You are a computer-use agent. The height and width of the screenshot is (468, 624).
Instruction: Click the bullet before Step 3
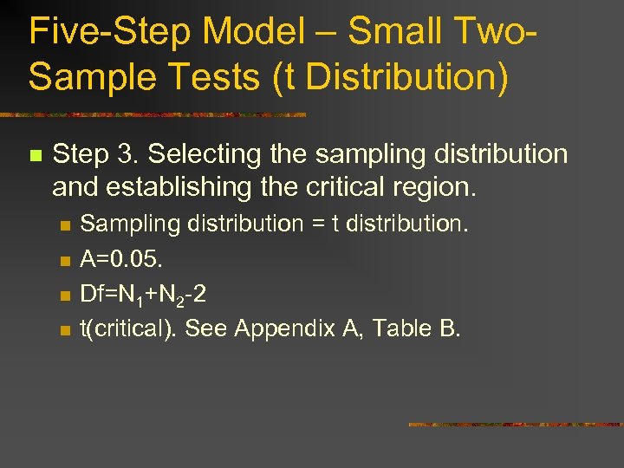[x=35, y=156]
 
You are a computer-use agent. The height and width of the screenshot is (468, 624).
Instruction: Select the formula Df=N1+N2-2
[x=143, y=295]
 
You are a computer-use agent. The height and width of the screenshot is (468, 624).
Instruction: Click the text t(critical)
[x=129, y=328]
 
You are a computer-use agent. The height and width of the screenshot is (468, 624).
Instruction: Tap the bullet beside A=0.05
[x=63, y=261]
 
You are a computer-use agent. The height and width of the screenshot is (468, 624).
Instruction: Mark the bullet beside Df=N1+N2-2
[x=63, y=296]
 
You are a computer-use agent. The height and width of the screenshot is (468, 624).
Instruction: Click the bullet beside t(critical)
[x=63, y=330]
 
